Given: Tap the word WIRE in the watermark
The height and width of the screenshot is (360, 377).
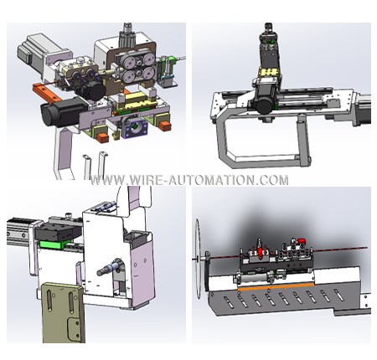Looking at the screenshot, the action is pyautogui.click(x=147, y=180).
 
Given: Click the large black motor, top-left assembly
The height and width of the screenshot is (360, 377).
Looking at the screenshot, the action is pyautogui.click(x=60, y=112).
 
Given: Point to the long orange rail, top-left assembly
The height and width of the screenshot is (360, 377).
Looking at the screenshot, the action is pyautogui.click(x=47, y=91).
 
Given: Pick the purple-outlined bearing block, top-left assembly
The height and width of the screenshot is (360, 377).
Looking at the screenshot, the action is pyautogui.click(x=135, y=127).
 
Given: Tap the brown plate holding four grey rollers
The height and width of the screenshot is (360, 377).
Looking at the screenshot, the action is pyautogui.click(x=132, y=67).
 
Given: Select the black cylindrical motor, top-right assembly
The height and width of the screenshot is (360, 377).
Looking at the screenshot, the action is pyautogui.click(x=266, y=104).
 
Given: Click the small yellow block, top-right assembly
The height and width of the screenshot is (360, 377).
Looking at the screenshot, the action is pyautogui.click(x=269, y=72).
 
